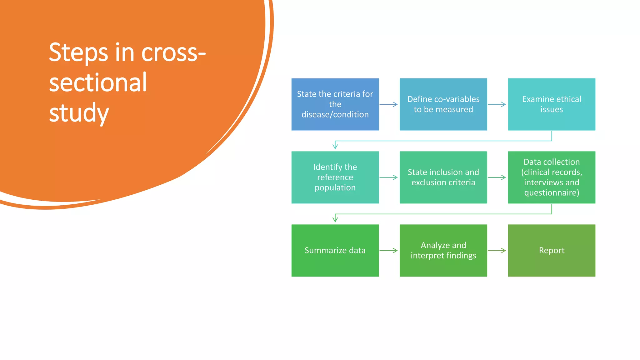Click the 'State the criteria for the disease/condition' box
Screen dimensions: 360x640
335,104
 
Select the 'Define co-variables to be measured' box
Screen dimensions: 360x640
443,104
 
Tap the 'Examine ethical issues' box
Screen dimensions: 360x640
552,104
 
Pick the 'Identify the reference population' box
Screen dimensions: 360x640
335,177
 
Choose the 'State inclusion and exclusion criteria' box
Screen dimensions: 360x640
443,177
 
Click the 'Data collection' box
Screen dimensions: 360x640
552,177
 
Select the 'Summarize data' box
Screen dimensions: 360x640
335,250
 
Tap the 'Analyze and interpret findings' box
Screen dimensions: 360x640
443,250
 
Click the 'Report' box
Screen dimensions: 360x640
552,250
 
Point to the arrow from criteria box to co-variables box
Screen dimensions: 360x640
388,104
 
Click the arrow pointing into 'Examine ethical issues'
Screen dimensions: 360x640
497,104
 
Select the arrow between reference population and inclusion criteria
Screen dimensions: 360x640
388,177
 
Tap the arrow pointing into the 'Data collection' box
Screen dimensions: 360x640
497,177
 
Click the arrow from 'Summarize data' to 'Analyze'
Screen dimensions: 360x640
388,250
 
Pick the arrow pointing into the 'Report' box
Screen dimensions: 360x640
497,250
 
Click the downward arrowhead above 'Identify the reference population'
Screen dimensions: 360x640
335,146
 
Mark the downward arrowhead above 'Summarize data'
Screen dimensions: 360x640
335,219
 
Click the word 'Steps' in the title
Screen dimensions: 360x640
78,52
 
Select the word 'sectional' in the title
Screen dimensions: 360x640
98,82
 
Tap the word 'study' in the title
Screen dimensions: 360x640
79,113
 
